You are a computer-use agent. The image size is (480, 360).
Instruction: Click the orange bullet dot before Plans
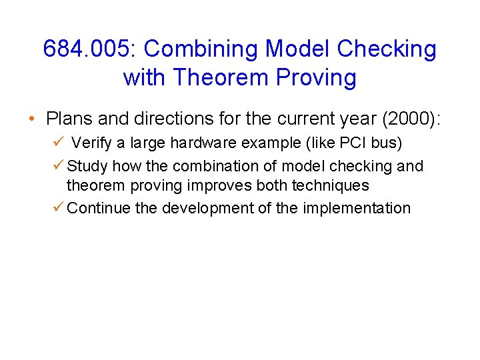tap(32, 119)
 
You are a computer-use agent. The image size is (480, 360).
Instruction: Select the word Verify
tap(93, 143)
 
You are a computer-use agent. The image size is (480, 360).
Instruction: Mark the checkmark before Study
tap(57, 165)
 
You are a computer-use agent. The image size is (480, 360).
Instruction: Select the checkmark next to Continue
tap(57, 207)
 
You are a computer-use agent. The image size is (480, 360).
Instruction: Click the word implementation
tap(357, 208)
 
